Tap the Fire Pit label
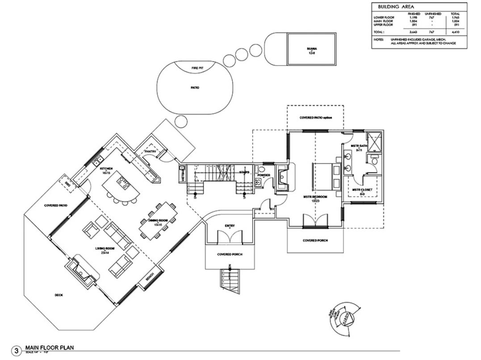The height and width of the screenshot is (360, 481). [197, 67]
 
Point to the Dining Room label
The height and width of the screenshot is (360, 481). [157, 221]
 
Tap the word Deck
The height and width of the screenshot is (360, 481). [59, 295]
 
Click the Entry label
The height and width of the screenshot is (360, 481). [230, 226]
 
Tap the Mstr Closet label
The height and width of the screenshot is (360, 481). [362, 190]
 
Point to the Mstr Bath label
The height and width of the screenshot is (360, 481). [359, 146]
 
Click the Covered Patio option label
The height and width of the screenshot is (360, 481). [315, 117]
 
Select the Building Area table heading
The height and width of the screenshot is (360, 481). [396, 7]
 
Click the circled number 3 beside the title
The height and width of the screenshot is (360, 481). [17, 350]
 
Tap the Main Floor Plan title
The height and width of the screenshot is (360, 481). [49, 347]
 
